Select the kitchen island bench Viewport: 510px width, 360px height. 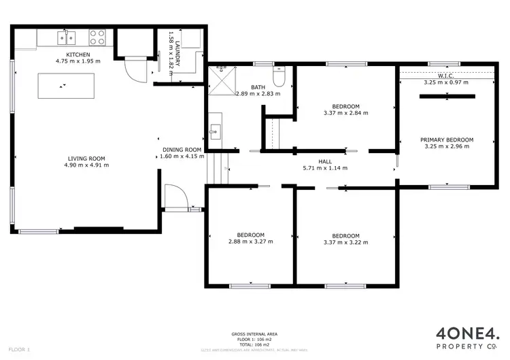click(63, 86)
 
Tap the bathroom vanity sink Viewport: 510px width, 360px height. click(214, 129)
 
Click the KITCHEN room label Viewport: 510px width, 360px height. click(78, 54)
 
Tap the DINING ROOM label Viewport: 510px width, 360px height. click(182, 150)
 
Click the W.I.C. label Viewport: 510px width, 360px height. click(446, 76)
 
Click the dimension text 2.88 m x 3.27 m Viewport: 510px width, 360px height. click(250, 241)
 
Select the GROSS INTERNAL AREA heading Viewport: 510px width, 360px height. click(254, 334)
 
